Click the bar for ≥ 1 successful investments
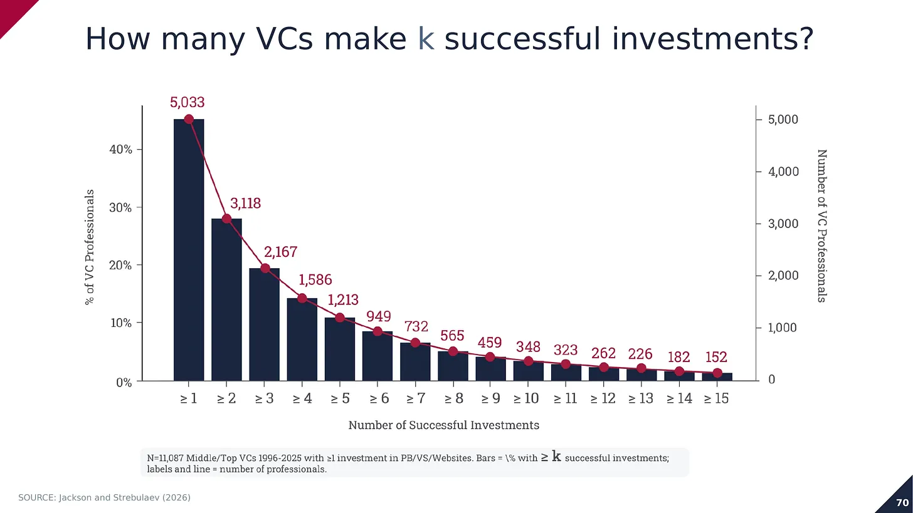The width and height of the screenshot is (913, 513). (189, 250)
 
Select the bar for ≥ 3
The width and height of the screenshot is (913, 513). (265, 324)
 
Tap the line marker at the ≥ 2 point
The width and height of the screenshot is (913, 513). (227, 219)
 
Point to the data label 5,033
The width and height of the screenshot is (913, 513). (187, 102)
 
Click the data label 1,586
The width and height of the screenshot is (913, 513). (315, 280)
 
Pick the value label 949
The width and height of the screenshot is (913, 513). (379, 316)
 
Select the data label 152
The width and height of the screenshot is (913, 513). (716, 357)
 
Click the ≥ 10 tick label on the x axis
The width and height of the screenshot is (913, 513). (526, 398)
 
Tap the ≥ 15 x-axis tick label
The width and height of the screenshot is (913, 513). (716, 398)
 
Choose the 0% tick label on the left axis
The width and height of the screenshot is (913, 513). (124, 383)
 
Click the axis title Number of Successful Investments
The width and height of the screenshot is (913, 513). (443, 425)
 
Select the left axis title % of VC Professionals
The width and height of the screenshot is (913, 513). (89, 247)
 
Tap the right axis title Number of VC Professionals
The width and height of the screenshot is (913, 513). (822, 226)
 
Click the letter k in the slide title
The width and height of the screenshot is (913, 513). (426, 39)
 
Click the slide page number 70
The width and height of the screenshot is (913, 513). (902, 502)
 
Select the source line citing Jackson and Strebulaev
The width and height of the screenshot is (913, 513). (104, 497)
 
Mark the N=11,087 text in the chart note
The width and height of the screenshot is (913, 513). (165, 458)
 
